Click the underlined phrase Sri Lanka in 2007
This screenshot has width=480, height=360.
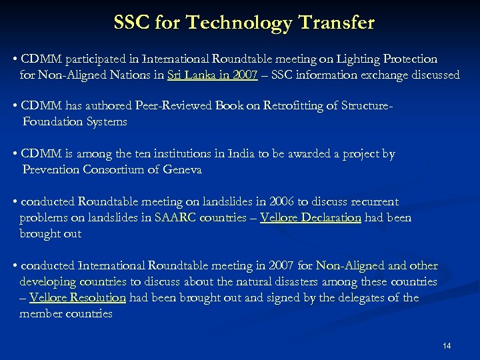point(217,75)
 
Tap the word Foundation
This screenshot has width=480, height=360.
point(53,122)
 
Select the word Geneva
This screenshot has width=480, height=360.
point(180,170)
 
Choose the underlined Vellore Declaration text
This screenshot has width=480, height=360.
point(311,217)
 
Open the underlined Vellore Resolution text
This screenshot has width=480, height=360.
point(78,297)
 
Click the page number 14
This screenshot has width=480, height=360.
point(447,345)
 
